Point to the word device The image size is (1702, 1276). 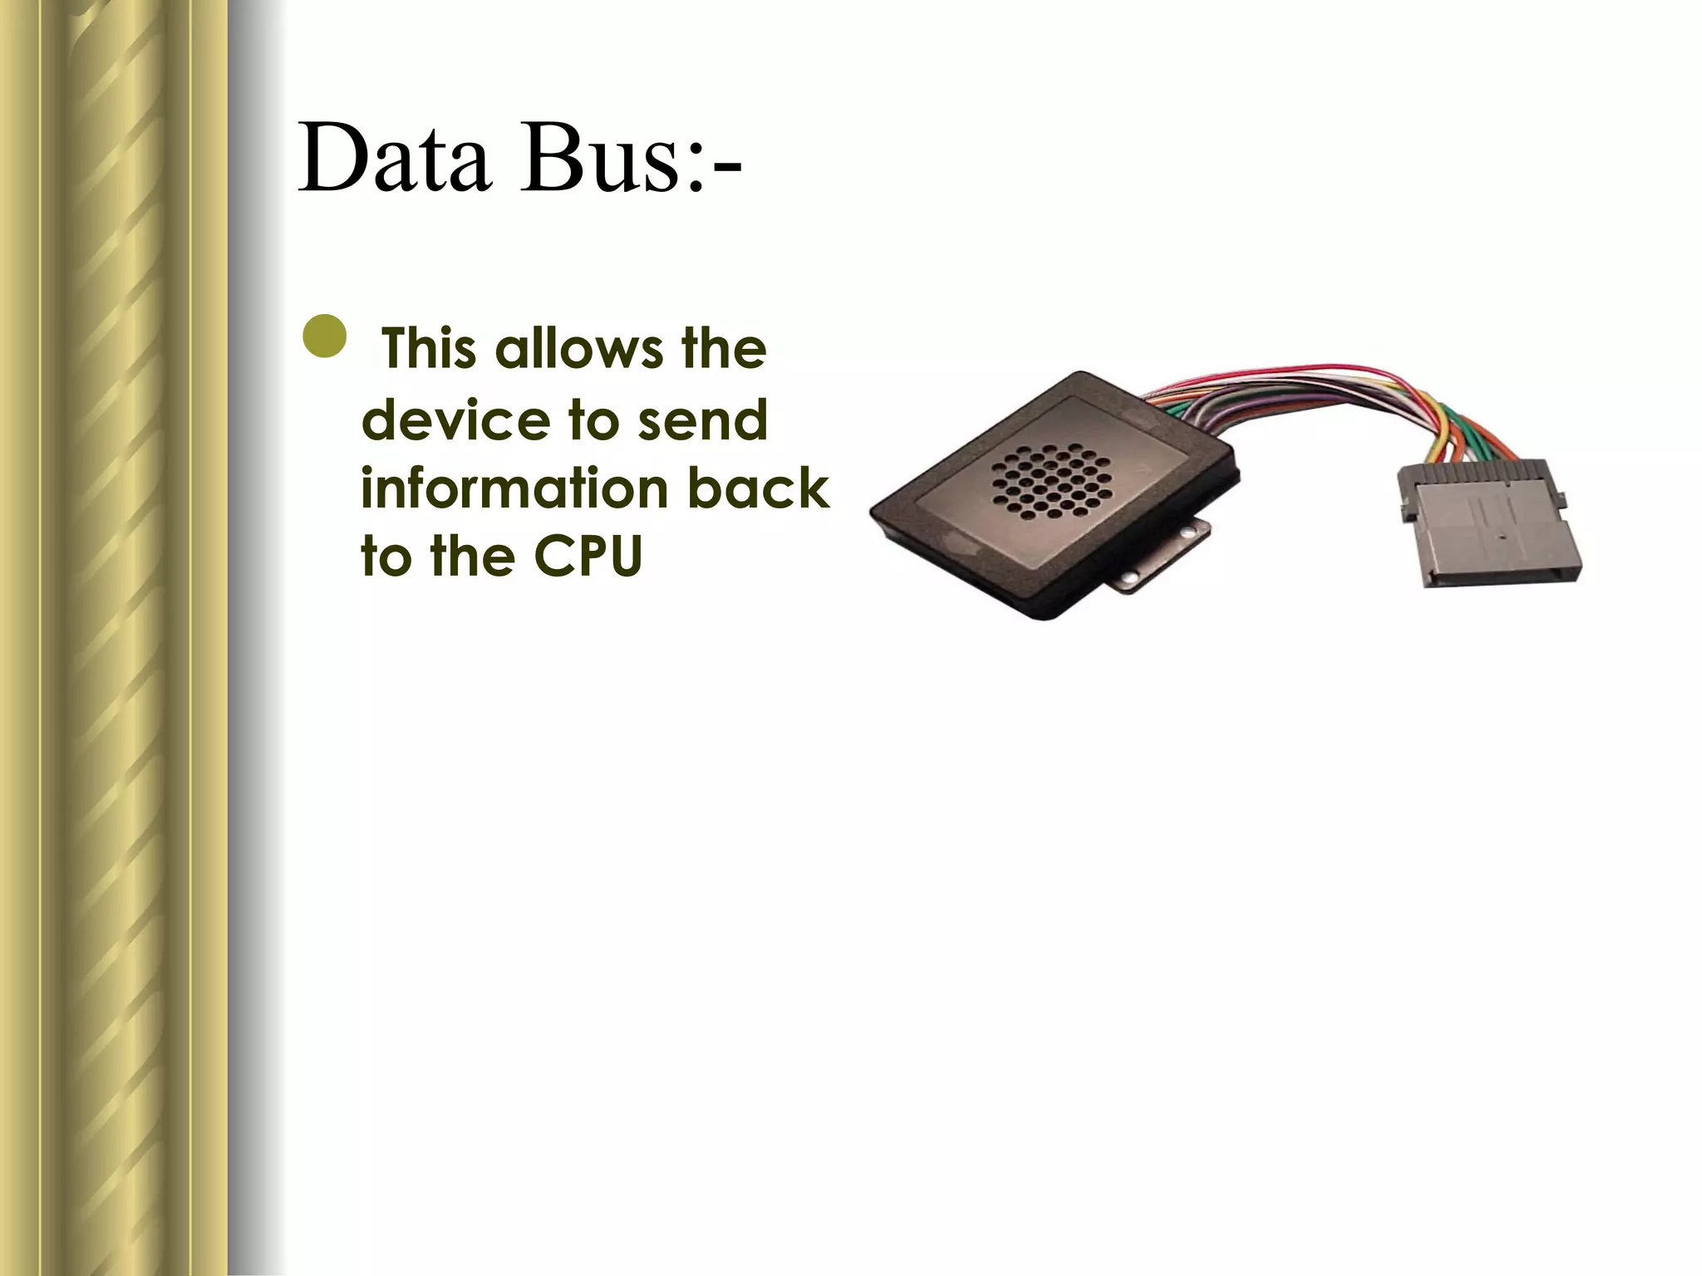click(x=455, y=420)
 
